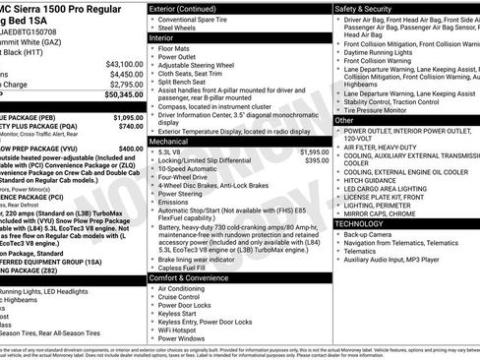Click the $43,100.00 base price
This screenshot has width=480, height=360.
(x=122, y=64)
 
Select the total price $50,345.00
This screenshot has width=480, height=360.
(x=120, y=96)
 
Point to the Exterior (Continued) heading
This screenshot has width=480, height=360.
(x=190, y=8)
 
